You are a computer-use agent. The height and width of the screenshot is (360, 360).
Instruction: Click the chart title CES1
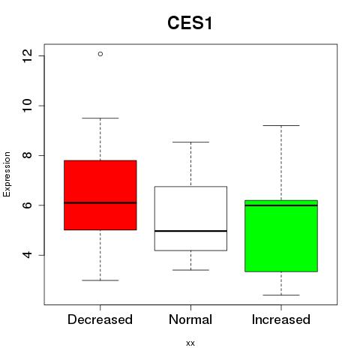190,23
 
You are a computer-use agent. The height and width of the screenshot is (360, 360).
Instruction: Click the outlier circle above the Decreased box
100,54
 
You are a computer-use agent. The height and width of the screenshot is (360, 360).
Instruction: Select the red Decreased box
100,195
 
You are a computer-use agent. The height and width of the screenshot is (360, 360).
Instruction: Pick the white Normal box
190,218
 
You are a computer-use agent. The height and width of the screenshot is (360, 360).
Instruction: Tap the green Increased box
281,235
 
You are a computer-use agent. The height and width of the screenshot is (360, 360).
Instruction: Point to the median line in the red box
100,202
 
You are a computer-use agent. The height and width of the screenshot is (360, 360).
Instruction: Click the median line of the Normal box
190,231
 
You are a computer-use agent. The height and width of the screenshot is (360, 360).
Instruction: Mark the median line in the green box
281,205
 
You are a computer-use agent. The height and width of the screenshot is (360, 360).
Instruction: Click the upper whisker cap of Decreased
100,118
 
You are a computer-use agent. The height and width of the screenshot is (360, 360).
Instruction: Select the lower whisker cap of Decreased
100,280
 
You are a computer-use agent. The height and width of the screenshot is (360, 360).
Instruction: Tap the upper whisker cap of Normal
190,142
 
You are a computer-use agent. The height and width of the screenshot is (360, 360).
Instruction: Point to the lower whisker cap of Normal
190,270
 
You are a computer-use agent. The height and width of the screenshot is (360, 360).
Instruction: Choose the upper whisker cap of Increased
281,125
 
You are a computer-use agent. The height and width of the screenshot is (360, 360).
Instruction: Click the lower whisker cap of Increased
281,295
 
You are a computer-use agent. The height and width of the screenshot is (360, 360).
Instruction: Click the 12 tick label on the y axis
28,55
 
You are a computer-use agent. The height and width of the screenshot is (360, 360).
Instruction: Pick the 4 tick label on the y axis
28,255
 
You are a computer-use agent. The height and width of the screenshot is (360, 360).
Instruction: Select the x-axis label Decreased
100,319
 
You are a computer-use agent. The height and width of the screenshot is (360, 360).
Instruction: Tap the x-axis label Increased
281,319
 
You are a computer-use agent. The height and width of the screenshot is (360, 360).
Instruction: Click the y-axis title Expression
7,174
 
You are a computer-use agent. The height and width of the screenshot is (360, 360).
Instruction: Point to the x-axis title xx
190,343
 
